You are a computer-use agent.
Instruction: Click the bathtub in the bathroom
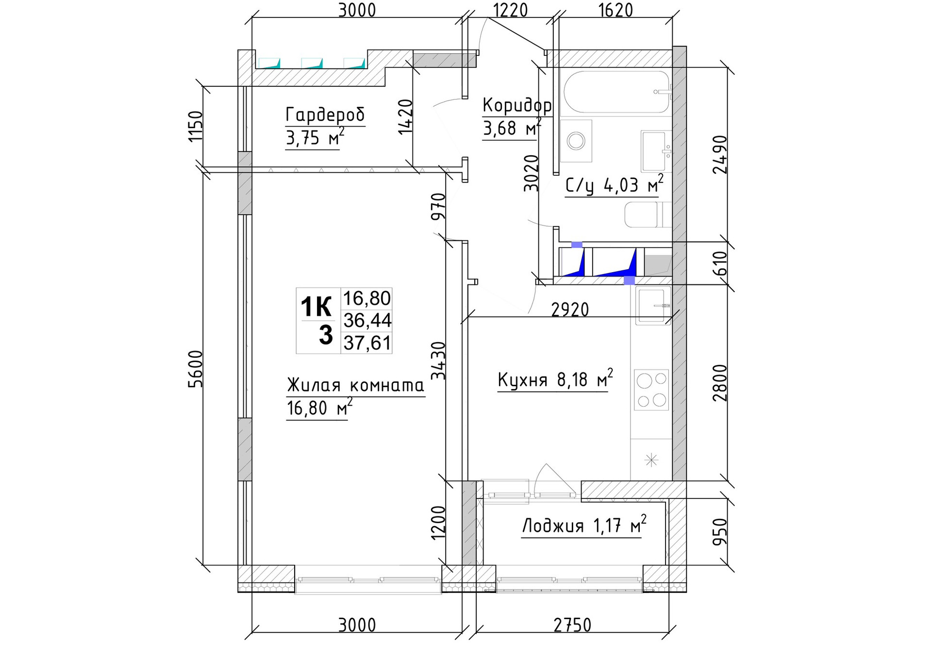(x=616, y=92)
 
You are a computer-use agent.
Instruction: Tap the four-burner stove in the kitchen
(x=651, y=390)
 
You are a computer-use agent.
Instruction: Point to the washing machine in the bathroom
(x=576, y=141)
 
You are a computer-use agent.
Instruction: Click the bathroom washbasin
(x=656, y=151)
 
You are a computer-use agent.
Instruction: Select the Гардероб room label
(x=325, y=115)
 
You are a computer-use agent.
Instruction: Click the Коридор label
(x=517, y=105)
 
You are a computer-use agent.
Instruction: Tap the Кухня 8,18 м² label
(x=555, y=379)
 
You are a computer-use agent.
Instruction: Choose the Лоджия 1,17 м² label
(x=584, y=525)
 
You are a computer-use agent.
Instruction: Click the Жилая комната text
(x=355, y=385)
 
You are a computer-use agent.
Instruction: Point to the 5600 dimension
(x=195, y=369)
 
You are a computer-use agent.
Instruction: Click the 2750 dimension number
(x=572, y=625)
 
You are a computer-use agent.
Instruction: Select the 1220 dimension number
(x=510, y=10)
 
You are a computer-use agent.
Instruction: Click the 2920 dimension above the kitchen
(x=570, y=309)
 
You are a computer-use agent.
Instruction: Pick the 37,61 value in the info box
(x=367, y=343)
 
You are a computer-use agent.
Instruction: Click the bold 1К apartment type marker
(x=316, y=307)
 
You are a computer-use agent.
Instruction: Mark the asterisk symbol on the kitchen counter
(x=651, y=460)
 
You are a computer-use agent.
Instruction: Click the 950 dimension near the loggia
(x=720, y=531)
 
